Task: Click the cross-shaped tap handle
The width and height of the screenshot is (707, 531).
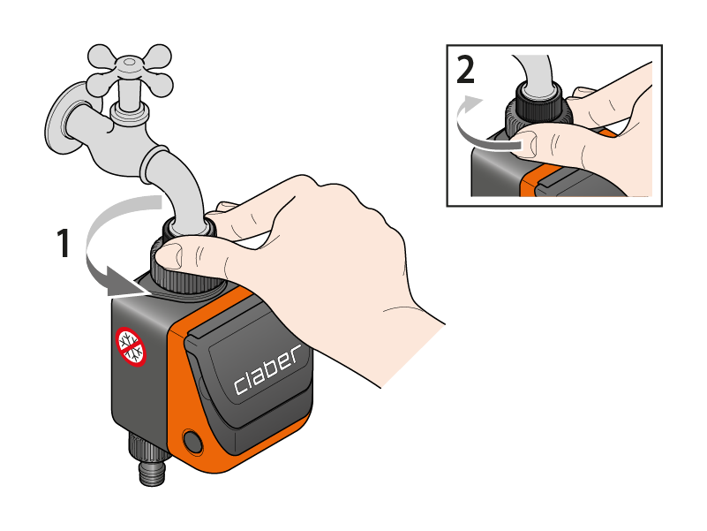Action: tap(130, 71)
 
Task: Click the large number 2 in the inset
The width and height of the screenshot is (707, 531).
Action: tap(465, 69)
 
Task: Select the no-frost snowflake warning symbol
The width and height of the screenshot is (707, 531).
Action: tap(131, 346)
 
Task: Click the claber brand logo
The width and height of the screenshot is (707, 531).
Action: tap(267, 369)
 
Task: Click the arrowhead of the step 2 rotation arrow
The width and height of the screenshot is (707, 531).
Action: tap(471, 104)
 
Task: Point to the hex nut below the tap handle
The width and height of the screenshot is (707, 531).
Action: tap(130, 113)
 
